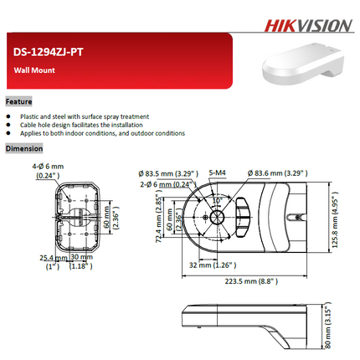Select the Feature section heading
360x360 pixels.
(x=18, y=100)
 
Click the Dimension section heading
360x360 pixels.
(x=23, y=148)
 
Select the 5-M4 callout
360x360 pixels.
(x=216, y=173)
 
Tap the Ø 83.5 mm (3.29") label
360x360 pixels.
(x=167, y=173)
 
